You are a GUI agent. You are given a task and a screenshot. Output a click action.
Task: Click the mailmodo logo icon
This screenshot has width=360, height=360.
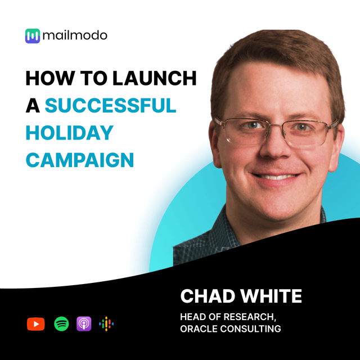click(x=33, y=36)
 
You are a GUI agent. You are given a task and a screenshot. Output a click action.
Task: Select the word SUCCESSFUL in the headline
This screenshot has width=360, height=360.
click(x=110, y=106)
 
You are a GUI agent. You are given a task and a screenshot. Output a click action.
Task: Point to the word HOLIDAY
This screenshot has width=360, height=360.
click(x=69, y=133)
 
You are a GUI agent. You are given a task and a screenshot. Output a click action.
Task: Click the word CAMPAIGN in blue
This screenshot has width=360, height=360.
click(x=80, y=160)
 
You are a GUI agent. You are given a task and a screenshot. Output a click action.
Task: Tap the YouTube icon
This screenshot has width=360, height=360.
click(x=35, y=324)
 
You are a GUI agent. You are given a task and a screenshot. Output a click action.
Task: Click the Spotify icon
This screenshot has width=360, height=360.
click(x=61, y=324)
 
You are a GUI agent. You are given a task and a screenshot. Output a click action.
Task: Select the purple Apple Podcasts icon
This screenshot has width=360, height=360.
click(x=84, y=324)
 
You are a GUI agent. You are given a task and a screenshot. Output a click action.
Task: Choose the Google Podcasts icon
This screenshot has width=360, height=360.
click(x=106, y=324)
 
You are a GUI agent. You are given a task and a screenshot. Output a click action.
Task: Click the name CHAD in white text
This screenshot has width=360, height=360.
click(x=205, y=296)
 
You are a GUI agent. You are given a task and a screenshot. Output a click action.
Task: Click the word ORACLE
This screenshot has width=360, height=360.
click(x=199, y=328)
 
